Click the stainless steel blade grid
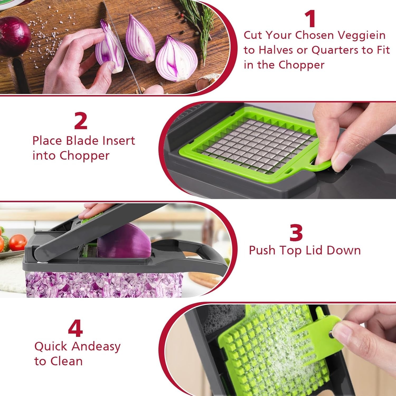264,143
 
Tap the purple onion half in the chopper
124,240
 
